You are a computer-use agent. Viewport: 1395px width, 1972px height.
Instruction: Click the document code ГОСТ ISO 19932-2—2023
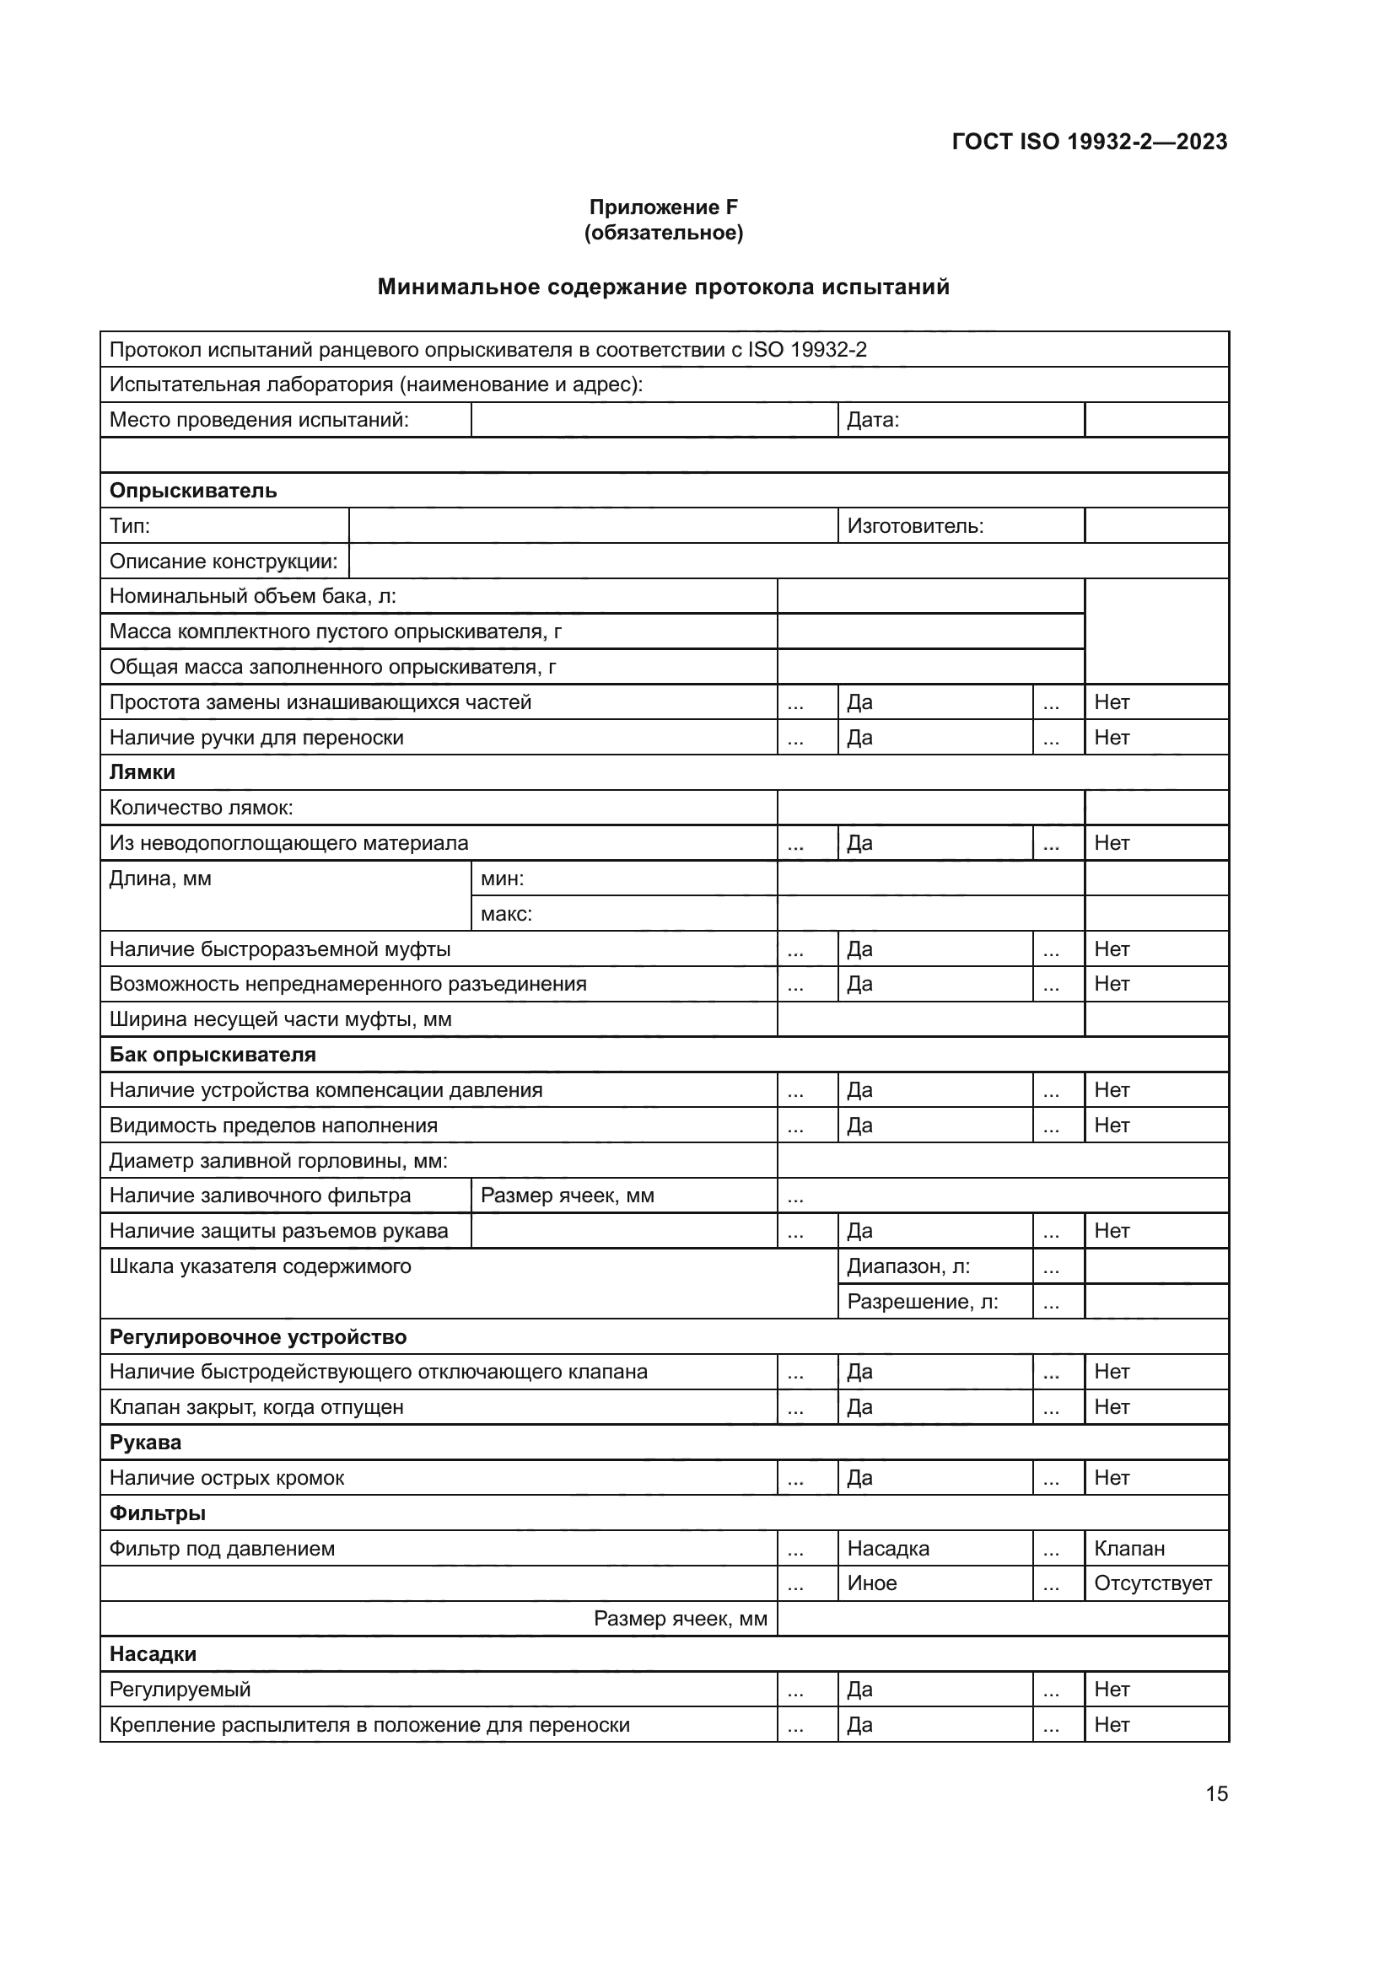[1089, 142]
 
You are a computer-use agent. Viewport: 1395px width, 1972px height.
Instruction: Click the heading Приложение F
[663, 207]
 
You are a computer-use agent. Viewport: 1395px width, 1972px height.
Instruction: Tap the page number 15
[1216, 1793]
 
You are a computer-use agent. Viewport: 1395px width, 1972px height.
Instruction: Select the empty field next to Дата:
[1156, 420]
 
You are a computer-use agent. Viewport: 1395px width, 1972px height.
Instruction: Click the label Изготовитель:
[915, 525]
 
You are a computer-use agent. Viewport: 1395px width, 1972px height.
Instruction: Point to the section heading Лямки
[143, 772]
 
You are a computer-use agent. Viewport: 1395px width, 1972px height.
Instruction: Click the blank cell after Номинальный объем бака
[930, 596]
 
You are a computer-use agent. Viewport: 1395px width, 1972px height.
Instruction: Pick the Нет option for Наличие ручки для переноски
[1112, 738]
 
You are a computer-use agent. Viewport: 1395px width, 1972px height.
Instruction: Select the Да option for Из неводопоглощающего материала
[859, 843]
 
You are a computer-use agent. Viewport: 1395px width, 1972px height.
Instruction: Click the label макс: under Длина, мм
[506, 914]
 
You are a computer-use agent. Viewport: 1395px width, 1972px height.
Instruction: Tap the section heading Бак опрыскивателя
[213, 1055]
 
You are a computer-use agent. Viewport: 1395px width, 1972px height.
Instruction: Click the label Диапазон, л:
[909, 1266]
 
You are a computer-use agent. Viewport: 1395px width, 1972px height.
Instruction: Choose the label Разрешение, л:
[923, 1302]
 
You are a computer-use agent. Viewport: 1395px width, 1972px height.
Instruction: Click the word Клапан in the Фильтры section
[1128, 1549]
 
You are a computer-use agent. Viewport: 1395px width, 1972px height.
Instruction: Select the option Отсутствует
[1152, 1583]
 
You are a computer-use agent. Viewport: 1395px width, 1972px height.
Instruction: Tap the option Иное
[872, 1583]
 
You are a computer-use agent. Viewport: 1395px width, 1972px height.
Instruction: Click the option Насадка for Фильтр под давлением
[888, 1549]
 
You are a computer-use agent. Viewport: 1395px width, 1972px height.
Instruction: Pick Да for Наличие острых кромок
[859, 1477]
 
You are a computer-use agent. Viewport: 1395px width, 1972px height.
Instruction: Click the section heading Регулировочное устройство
[258, 1337]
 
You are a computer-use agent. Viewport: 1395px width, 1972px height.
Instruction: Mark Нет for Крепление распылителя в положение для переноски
[1112, 1725]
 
